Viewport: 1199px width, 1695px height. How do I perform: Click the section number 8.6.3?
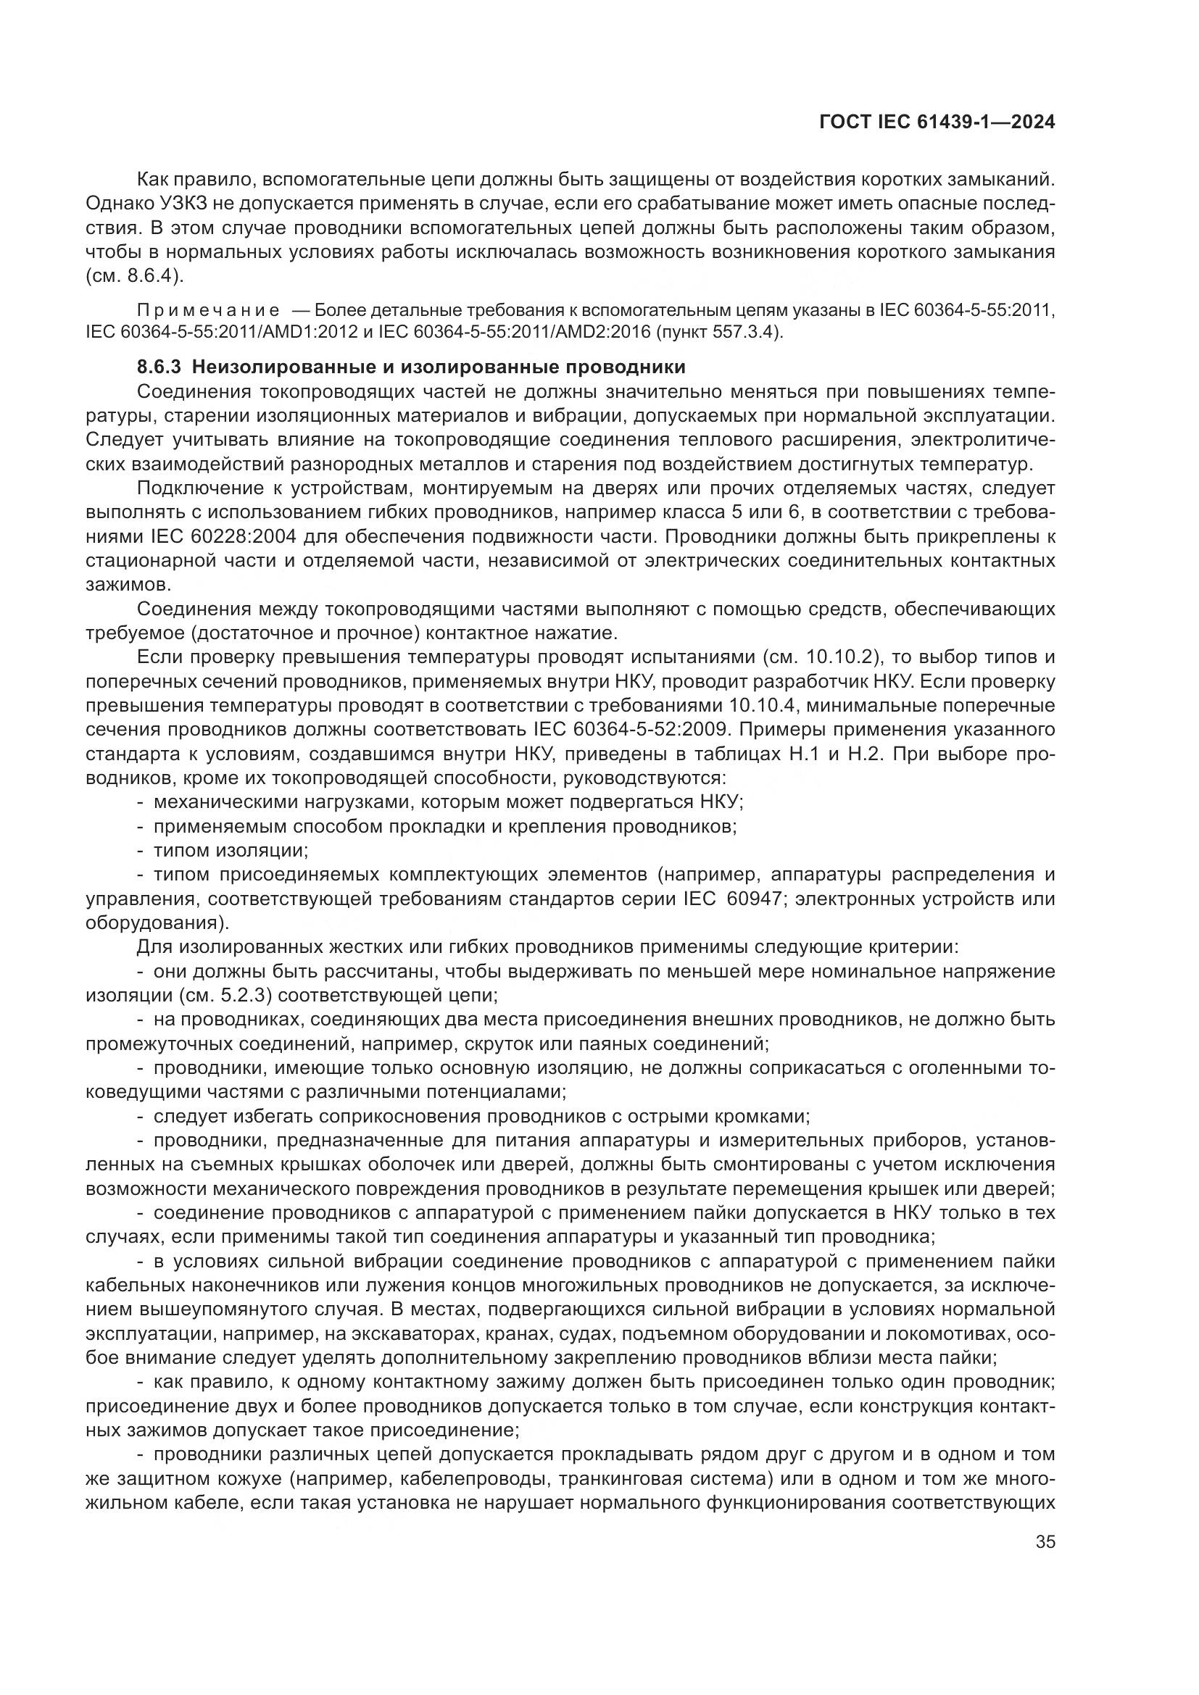tap(159, 367)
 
